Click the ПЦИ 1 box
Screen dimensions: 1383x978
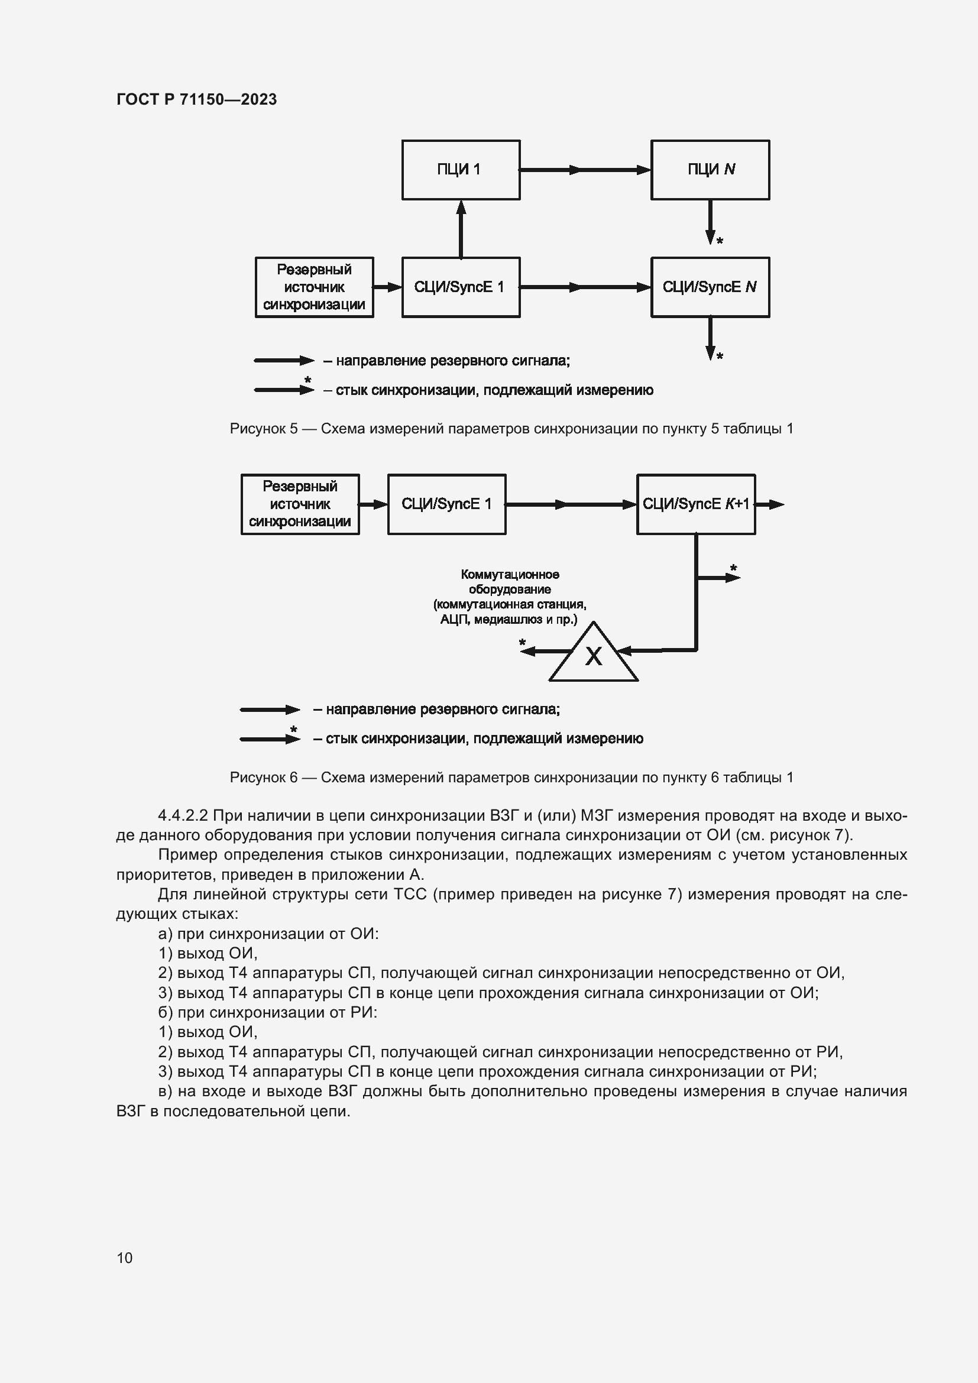click(x=461, y=170)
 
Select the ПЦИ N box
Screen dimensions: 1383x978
click(x=710, y=170)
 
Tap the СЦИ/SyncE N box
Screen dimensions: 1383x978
click(x=710, y=287)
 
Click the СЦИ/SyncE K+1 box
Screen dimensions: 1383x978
click(x=695, y=504)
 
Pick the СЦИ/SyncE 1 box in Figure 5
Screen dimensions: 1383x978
click(x=461, y=287)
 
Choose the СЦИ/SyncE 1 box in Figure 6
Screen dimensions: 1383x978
click(x=446, y=504)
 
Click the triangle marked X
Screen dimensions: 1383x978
click(x=594, y=656)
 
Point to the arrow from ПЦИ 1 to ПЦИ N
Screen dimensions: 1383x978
click(x=585, y=170)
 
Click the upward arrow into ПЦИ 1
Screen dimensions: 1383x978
click(x=461, y=229)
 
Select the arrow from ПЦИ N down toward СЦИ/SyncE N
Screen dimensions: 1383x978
click(x=711, y=222)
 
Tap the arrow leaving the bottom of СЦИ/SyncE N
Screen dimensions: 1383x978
click(x=711, y=339)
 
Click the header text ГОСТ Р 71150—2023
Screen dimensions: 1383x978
click(x=196, y=99)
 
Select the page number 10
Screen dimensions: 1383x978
click(x=125, y=1258)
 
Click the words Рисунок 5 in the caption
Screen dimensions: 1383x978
click(x=264, y=429)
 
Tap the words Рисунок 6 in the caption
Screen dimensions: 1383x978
click(x=264, y=778)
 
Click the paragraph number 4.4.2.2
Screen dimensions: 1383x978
click(x=183, y=815)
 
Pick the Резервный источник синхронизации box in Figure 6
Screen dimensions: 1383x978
click(x=300, y=504)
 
